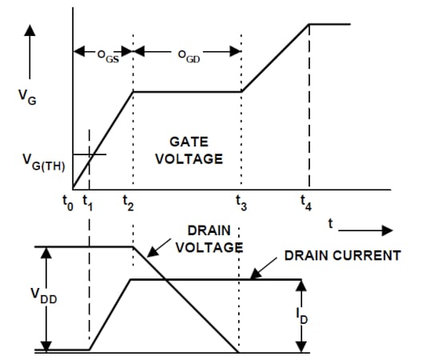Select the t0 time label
tap(67, 204)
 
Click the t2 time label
tap(128, 204)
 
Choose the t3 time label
tap(241, 205)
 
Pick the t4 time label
tap(305, 204)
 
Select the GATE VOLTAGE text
tap(189, 150)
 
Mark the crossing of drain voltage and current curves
tap(164, 279)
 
